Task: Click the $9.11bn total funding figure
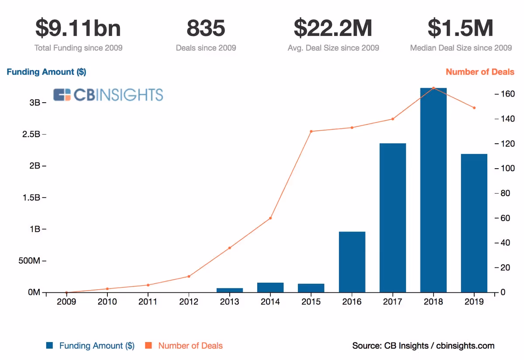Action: (78, 28)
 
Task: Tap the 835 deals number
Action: (206, 28)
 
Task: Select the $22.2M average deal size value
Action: (333, 28)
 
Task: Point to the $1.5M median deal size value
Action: (461, 28)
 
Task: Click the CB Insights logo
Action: (108, 95)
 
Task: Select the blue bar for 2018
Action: (433, 190)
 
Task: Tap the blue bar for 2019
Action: (474, 223)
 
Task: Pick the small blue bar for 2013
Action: (230, 290)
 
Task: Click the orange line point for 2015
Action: (311, 131)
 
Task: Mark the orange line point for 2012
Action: (189, 276)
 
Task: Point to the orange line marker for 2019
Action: (474, 108)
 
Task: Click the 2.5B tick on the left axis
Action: (31, 134)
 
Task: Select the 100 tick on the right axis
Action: (506, 168)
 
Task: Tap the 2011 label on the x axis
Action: (148, 302)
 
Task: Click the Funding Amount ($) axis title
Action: (46, 72)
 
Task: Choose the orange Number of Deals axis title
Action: (480, 72)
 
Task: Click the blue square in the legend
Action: (50, 346)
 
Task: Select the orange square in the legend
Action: (148, 346)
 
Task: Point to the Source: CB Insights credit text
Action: (423, 346)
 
